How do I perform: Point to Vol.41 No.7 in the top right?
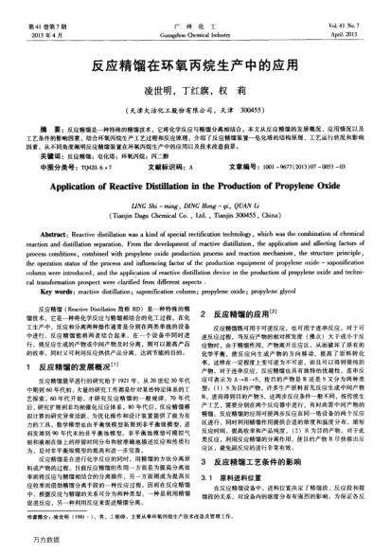pyautogui.click(x=357, y=12)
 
